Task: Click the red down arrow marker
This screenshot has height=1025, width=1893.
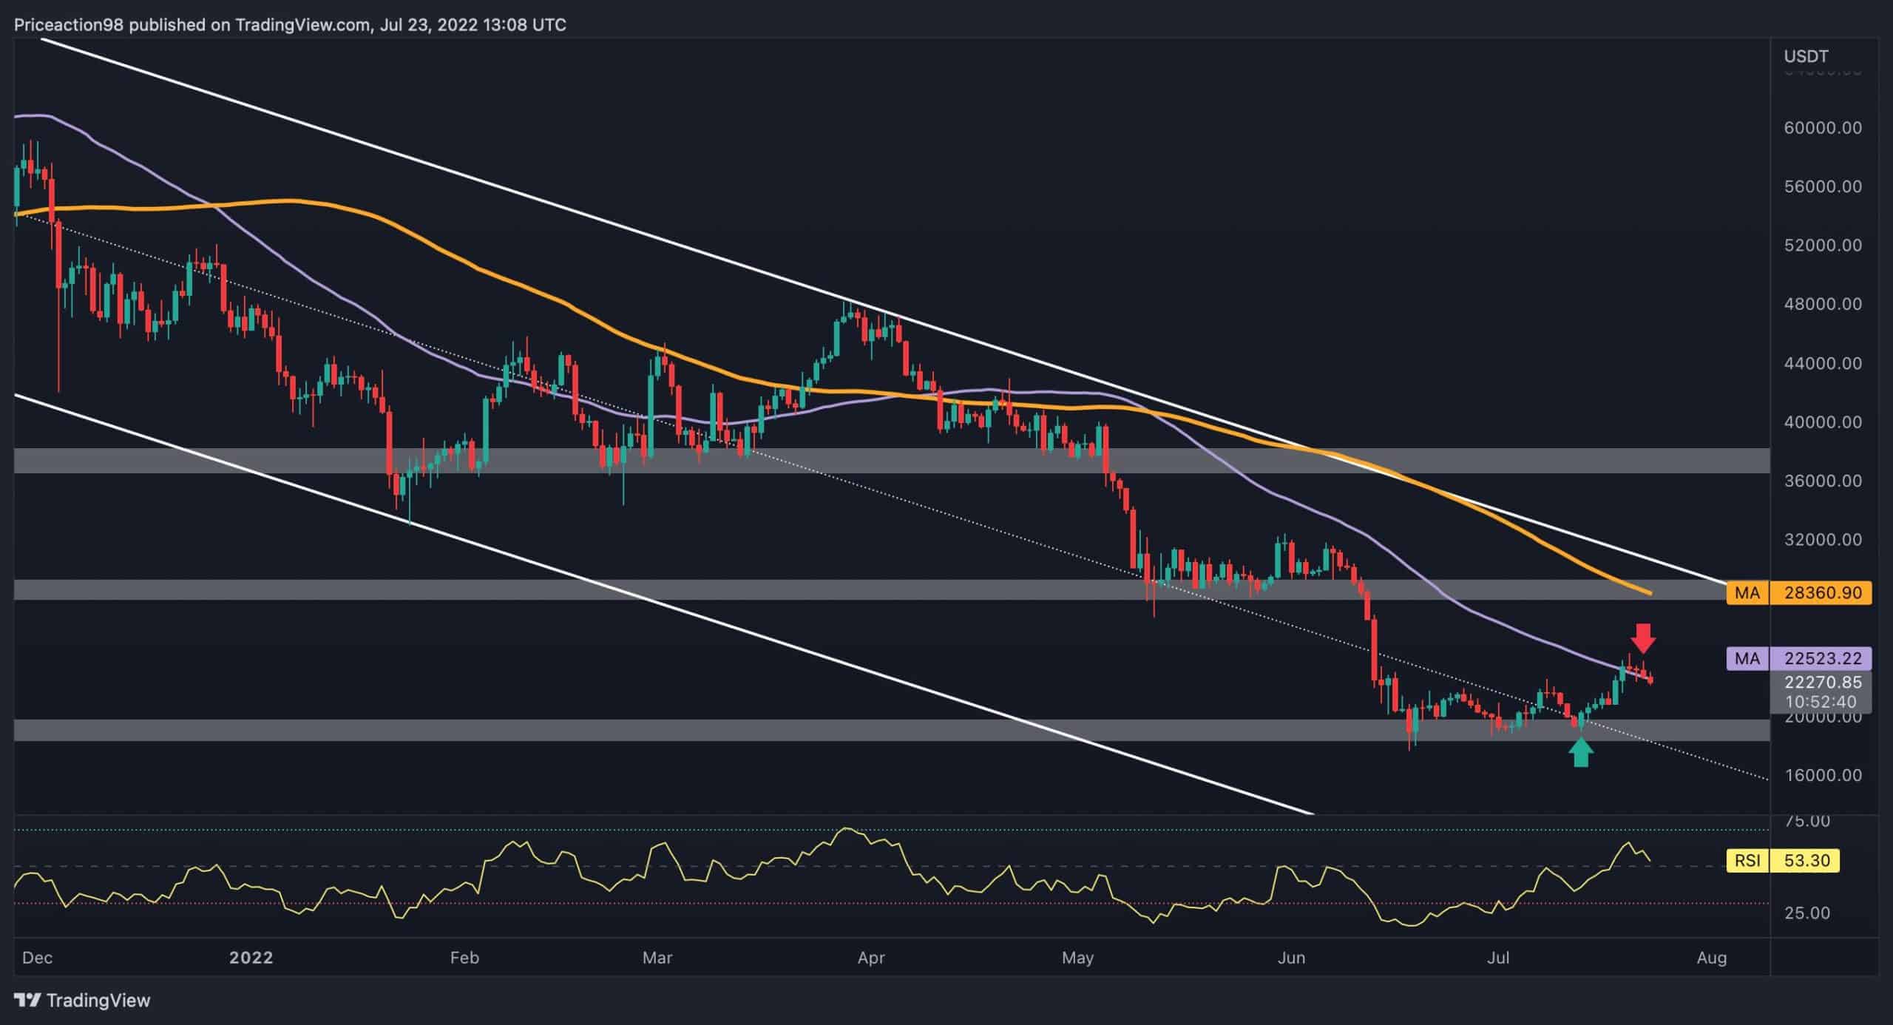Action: click(1642, 637)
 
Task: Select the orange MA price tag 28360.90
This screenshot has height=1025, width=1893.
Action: click(1798, 593)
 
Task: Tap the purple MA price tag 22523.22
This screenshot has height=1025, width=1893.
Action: click(1798, 658)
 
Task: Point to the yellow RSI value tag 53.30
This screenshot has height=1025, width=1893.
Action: click(1782, 861)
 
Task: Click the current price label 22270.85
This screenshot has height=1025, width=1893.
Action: click(1821, 683)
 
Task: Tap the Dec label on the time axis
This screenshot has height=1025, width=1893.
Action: click(37, 958)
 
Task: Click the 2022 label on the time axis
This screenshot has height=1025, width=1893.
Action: click(251, 958)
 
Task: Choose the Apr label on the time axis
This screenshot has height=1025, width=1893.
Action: click(871, 958)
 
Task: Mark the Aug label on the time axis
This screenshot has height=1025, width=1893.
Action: click(1712, 958)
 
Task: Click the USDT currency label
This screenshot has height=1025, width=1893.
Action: click(1806, 56)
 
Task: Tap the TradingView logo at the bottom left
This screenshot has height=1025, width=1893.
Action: click(82, 1001)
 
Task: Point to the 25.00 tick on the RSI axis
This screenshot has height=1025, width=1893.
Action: click(1806, 913)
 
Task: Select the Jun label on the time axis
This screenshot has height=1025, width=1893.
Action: click(1291, 958)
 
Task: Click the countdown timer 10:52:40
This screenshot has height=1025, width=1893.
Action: click(1821, 702)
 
